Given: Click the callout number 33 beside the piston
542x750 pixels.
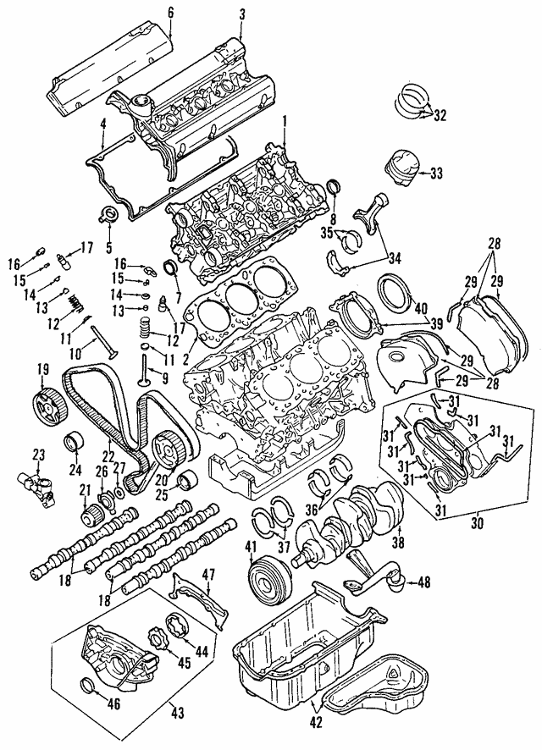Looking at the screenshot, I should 436,174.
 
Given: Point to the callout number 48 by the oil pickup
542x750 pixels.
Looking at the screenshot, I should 423,582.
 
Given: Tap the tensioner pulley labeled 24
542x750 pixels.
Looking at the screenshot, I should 75,441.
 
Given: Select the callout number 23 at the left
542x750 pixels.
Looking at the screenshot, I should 38,455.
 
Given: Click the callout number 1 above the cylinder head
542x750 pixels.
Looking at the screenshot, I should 285,119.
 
